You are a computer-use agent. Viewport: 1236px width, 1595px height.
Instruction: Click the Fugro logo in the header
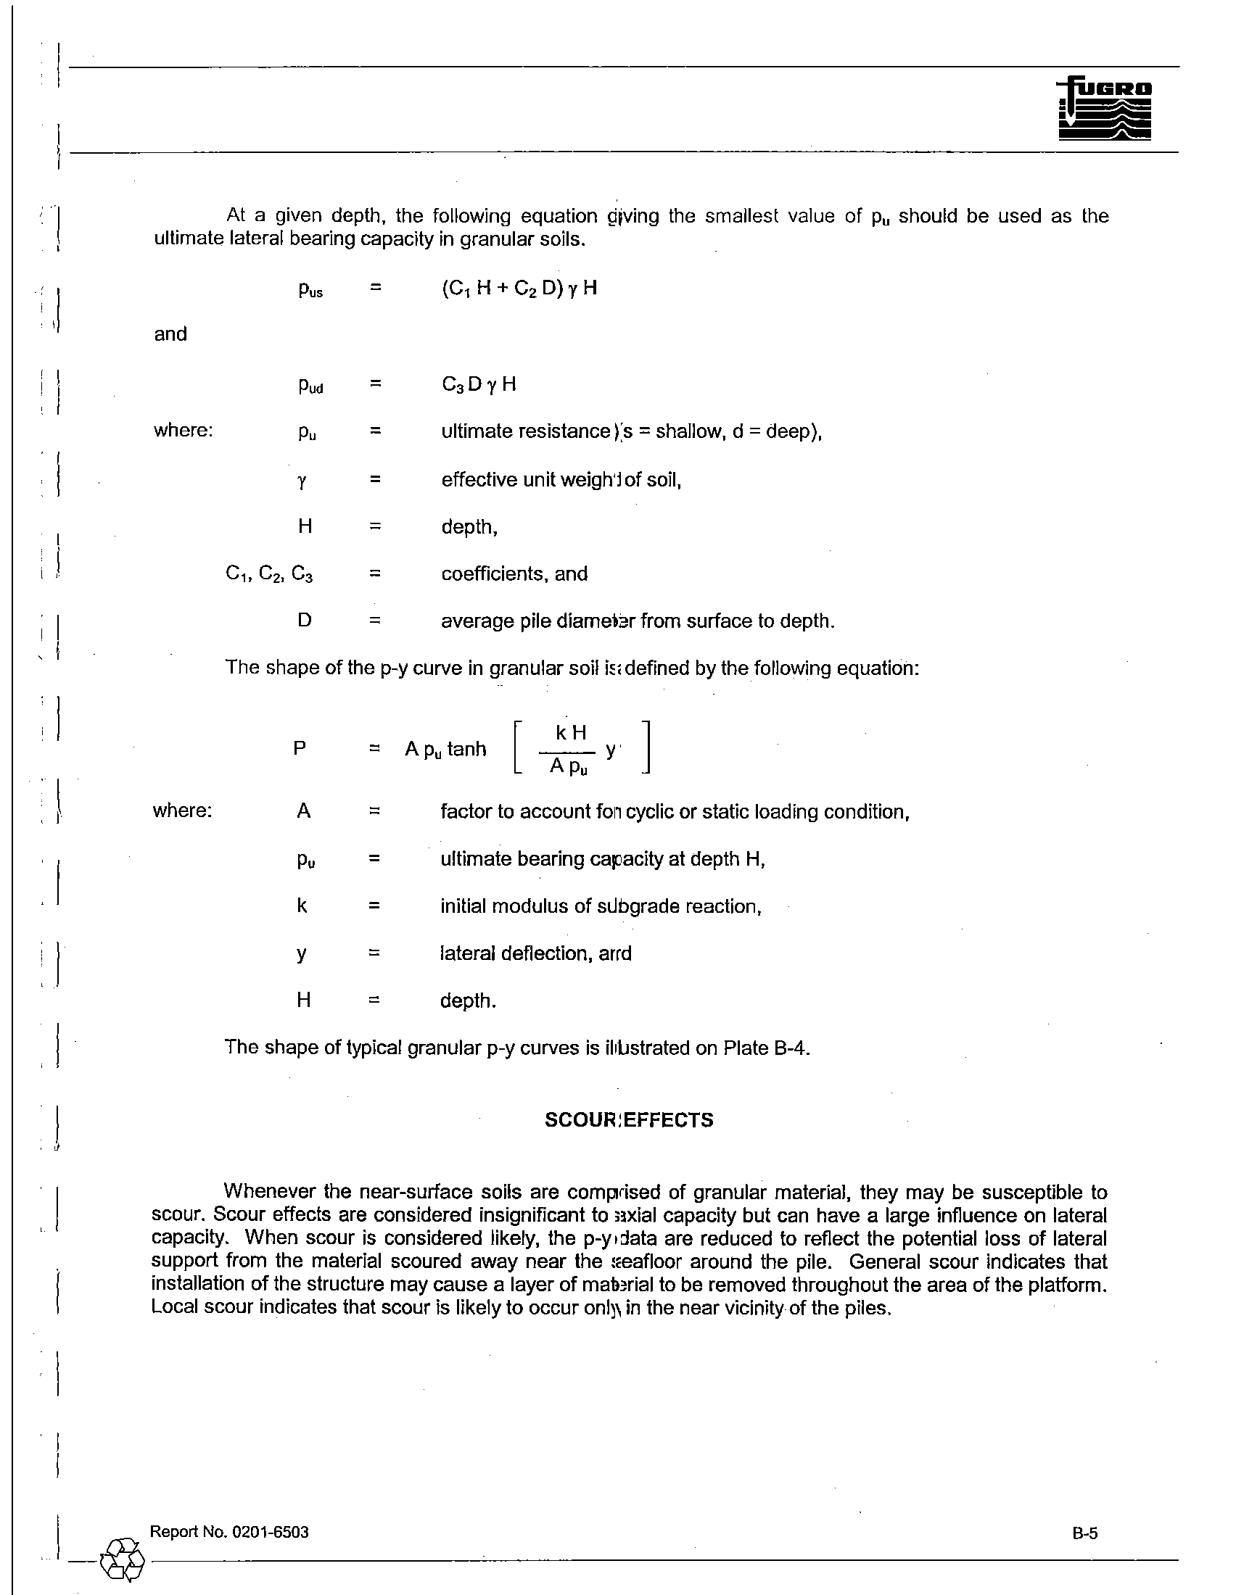tap(1104, 109)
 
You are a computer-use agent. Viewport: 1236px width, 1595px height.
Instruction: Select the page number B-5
tap(1085, 1533)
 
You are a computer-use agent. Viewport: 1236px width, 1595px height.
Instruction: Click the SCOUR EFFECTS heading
tap(629, 1119)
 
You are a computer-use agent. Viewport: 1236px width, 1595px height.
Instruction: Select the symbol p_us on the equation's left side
tap(310, 289)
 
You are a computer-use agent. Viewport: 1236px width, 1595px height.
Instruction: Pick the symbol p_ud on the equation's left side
tap(310, 385)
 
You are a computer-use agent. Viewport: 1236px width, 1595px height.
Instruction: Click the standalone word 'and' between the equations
tap(170, 333)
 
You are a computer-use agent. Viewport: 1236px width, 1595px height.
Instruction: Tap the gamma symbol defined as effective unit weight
tap(302, 481)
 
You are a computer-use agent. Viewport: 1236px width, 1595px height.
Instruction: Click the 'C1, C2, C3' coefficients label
tap(269, 574)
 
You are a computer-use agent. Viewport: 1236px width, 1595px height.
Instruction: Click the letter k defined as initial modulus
tap(302, 906)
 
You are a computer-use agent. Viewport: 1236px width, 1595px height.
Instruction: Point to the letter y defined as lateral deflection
tap(302, 955)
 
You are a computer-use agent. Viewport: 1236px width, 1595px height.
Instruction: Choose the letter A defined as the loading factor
tap(304, 811)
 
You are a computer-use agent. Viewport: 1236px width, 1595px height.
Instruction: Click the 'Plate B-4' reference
tap(766, 1048)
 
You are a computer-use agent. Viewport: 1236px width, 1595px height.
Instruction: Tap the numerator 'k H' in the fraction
tap(572, 732)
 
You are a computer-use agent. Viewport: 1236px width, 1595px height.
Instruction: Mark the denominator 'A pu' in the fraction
tap(569, 766)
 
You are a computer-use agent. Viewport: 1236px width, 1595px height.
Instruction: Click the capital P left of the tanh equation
tap(300, 748)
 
